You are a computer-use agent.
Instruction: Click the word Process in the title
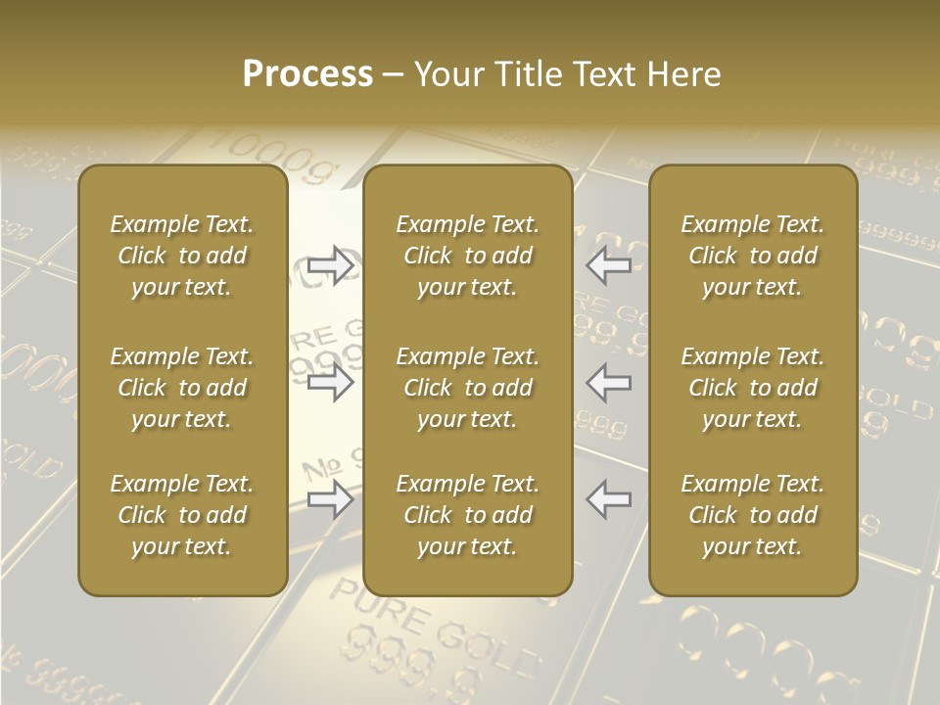click(x=307, y=74)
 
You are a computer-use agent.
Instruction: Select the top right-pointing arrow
click(x=331, y=265)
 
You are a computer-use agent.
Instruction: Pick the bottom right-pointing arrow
click(x=331, y=499)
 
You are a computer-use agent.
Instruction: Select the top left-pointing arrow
click(x=609, y=265)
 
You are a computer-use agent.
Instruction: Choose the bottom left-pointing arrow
click(x=609, y=499)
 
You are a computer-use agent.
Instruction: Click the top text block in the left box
click(x=182, y=256)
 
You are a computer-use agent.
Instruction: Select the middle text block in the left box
click(x=182, y=388)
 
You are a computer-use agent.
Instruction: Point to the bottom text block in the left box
click(x=182, y=515)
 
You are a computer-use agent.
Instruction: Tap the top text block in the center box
click(x=468, y=256)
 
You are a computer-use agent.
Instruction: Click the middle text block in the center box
click(x=468, y=388)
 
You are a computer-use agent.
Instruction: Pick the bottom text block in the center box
click(x=468, y=515)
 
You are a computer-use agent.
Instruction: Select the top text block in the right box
click(x=753, y=256)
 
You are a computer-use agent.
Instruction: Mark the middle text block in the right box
click(x=753, y=388)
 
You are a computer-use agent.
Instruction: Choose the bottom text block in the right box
click(x=753, y=515)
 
